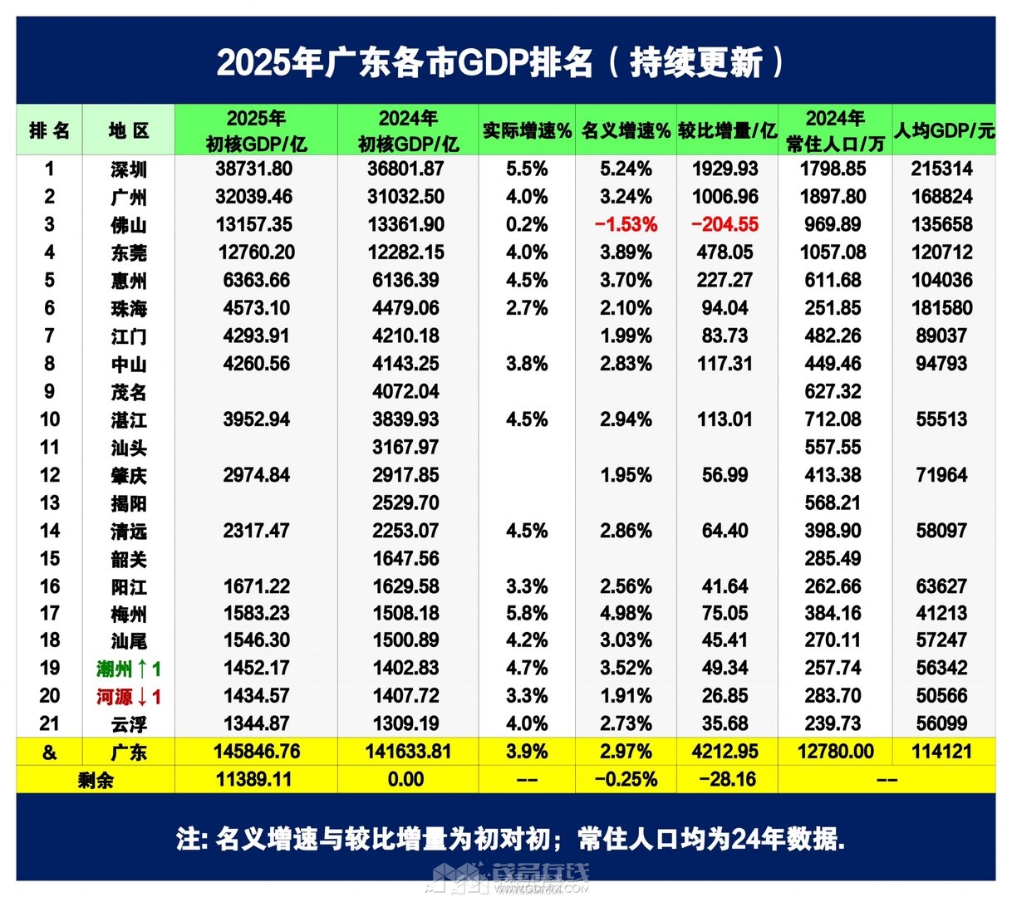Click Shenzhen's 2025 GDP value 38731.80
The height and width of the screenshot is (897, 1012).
click(x=257, y=169)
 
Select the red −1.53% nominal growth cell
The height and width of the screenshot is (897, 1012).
click(x=626, y=225)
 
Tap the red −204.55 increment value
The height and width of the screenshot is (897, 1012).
click(x=725, y=225)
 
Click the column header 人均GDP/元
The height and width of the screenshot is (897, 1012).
click(x=944, y=130)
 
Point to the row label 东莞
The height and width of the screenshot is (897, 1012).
click(x=129, y=253)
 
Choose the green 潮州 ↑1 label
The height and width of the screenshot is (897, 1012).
click(x=129, y=669)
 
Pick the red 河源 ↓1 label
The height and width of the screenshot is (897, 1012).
click(x=129, y=697)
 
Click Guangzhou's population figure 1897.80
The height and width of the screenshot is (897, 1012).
click(x=835, y=197)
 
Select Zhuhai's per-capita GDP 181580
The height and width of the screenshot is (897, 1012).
click(x=941, y=308)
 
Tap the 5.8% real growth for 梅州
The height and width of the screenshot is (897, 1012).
click(x=527, y=614)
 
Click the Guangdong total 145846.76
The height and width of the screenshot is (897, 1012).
click(x=257, y=752)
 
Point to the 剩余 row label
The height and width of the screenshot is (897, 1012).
click(x=96, y=780)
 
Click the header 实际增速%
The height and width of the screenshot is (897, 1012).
click(x=527, y=130)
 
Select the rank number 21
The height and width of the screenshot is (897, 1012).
click(x=50, y=724)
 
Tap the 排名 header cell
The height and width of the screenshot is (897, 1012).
click(x=50, y=130)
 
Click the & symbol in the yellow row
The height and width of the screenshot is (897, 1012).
click(x=50, y=752)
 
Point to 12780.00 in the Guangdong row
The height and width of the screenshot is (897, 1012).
click(x=835, y=752)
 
